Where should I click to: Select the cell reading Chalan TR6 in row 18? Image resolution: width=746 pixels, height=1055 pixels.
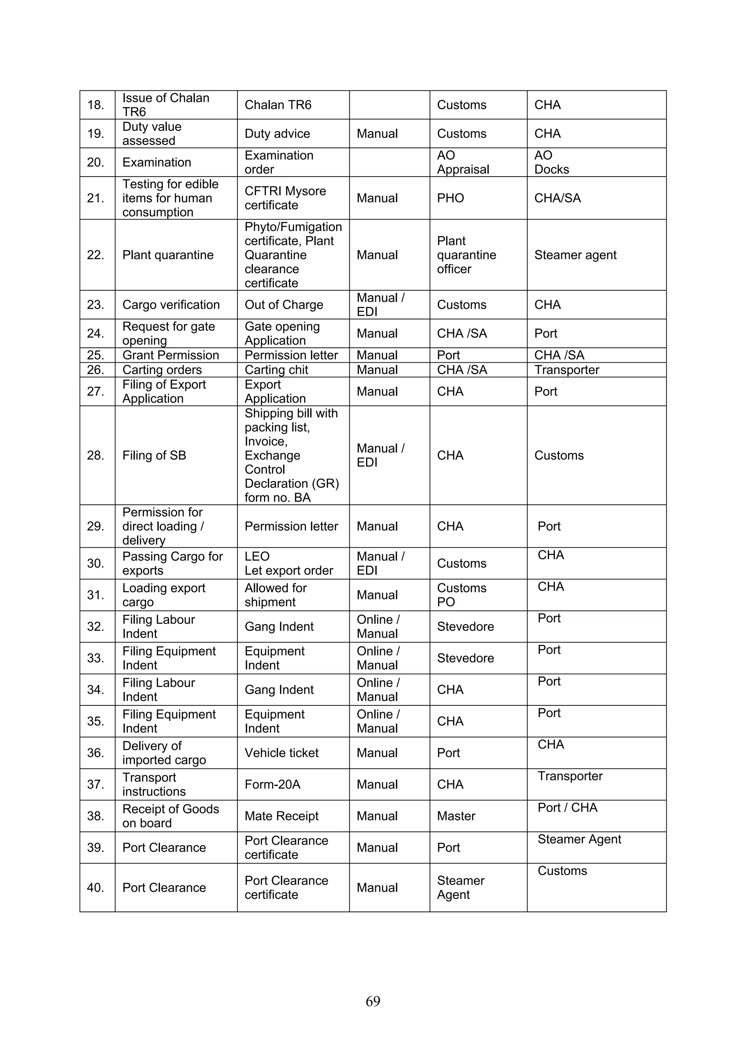point(278,105)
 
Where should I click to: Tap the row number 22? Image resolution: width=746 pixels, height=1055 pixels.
point(95,255)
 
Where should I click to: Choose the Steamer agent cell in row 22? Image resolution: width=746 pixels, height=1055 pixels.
point(575,255)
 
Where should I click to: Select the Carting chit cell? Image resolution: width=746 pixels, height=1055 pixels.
point(276,370)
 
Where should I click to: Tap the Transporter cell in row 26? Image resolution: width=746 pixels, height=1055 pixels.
point(566,370)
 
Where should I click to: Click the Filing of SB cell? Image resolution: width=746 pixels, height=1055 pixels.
point(154,455)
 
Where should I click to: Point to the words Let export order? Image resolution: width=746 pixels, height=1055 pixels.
point(288,571)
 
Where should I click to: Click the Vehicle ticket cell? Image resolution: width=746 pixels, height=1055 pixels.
point(281,753)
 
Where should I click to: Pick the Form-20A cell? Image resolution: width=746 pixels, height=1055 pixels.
point(272,784)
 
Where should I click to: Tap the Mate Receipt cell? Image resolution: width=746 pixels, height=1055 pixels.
point(281,816)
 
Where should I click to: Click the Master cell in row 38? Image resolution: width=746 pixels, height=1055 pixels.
point(456,816)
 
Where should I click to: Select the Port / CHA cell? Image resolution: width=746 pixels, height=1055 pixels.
point(567,808)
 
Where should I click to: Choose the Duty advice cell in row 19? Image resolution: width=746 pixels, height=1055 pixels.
point(277,134)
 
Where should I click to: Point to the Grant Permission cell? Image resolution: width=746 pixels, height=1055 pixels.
point(170,355)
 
